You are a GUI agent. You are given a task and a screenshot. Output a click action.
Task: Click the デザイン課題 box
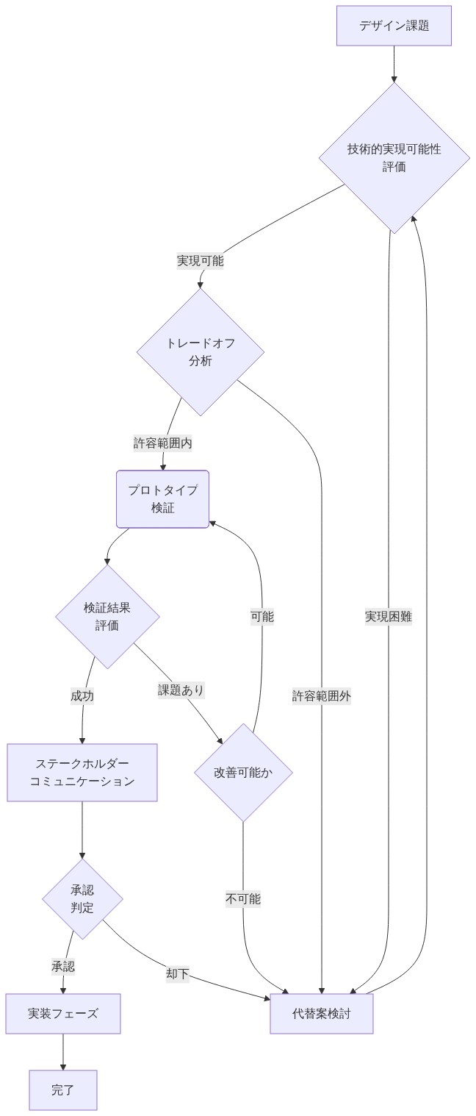point(394,26)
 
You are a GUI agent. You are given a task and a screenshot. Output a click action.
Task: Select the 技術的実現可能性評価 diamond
point(394,158)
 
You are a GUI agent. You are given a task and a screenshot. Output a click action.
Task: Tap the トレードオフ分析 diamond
point(200,351)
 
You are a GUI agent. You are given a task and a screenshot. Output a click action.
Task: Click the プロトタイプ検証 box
point(162,499)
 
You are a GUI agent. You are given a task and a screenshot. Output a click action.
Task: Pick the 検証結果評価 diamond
point(107,616)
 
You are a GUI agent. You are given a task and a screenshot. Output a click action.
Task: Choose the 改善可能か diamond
point(243,772)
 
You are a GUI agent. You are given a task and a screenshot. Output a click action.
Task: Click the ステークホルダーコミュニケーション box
point(82,773)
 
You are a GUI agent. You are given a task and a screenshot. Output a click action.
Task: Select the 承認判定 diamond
point(82,898)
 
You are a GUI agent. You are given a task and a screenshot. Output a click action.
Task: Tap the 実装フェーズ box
point(63,1014)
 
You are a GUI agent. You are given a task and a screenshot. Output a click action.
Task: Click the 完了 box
point(63,1090)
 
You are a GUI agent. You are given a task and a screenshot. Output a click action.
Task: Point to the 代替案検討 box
point(322,1014)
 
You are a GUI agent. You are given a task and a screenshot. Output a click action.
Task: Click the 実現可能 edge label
point(200,260)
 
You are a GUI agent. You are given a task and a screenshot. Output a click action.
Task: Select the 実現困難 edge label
point(389,616)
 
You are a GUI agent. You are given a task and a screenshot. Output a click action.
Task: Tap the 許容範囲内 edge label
point(162,443)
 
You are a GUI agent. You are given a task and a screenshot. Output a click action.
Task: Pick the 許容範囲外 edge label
point(322,695)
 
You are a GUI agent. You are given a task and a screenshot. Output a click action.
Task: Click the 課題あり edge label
point(181,690)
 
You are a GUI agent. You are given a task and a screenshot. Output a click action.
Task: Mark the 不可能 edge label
point(243,898)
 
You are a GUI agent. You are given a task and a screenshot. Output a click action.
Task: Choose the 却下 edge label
point(178,974)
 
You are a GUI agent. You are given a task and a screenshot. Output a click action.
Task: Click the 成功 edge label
point(82,695)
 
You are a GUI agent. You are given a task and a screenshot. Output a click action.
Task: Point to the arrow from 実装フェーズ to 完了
point(63,1052)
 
